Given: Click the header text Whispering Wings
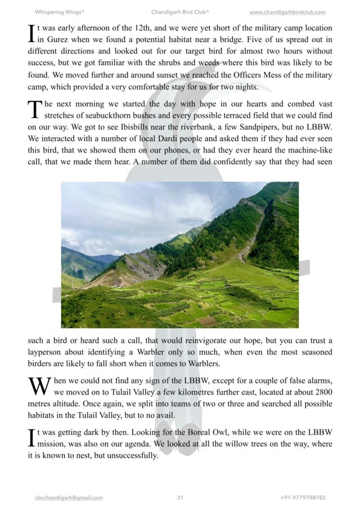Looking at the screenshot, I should tap(59, 12).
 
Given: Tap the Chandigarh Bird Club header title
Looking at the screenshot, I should tap(180, 12).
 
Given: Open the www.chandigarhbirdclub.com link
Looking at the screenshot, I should tap(287, 12).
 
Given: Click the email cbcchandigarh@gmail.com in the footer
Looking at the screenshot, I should tap(68, 498).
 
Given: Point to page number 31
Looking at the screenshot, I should tap(180, 498).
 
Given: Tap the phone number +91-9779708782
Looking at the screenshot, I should tap(303, 498).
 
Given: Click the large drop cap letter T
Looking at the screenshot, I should tap(34, 109).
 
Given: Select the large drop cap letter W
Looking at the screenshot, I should tap(39, 387).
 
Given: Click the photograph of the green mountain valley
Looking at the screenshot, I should tap(180, 254).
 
